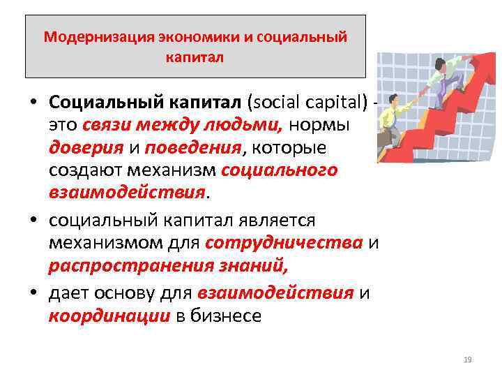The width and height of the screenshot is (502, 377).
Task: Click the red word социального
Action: coord(279,170)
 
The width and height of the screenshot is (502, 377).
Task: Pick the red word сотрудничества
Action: coord(284,243)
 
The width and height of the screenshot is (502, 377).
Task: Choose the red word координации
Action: coord(109,316)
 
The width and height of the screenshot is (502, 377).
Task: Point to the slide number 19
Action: coord(467,360)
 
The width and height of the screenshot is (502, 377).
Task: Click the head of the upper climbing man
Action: coord(440,65)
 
